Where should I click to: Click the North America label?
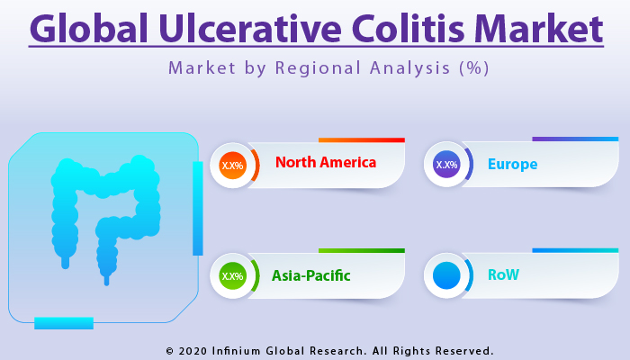point(326,163)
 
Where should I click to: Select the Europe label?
point(512,165)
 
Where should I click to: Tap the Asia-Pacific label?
point(311,275)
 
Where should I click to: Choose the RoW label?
point(503,275)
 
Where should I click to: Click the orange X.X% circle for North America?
point(232,165)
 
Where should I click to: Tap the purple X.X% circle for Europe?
point(446,165)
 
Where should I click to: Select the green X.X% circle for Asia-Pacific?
point(232,275)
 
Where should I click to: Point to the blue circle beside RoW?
point(446,275)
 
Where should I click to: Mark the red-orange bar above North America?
point(361,140)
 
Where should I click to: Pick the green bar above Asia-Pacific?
point(361,251)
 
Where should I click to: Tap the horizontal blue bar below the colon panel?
point(64,322)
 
